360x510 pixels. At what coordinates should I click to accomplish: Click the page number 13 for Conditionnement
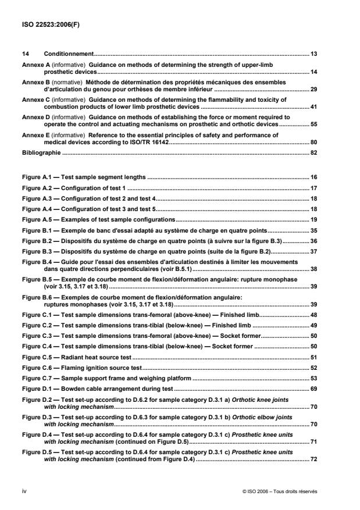point(313,54)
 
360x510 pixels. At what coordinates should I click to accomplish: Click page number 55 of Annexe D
point(313,124)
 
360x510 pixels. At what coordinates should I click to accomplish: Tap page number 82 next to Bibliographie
point(313,153)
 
